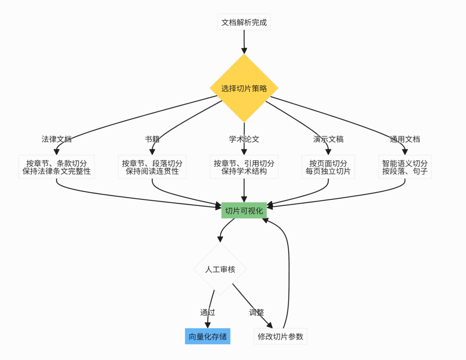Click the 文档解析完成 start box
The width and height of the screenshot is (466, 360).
click(x=244, y=22)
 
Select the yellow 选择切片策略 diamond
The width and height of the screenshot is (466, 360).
click(x=244, y=88)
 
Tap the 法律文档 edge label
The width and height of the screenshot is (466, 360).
click(x=57, y=139)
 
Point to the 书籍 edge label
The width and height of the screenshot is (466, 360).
click(x=152, y=139)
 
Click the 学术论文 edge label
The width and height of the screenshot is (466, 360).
click(x=244, y=139)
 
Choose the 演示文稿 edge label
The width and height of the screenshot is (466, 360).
click(x=328, y=139)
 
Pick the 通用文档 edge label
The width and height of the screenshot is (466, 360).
click(x=405, y=139)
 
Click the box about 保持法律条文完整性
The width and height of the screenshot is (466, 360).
click(x=57, y=167)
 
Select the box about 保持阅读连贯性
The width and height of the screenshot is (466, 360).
click(x=152, y=167)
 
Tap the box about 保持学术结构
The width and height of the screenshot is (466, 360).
click(x=244, y=167)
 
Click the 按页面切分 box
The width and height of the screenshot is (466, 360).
click(x=328, y=167)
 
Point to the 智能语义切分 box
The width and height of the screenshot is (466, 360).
click(x=405, y=167)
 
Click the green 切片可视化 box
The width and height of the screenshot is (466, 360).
click(x=244, y=211)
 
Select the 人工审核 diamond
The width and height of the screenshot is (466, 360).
click(x=220, y=269)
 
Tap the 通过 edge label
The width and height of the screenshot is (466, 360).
click(x=208, y=312)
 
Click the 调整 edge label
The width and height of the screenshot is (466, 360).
click(x=256, y=312)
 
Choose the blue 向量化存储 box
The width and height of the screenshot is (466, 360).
click(x=208, y=336)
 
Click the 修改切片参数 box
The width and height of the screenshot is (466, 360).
click(x=280, y=336)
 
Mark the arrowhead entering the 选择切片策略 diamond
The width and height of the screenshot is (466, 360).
click(x=244, y=50)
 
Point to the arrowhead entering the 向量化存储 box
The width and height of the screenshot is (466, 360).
click(x=208, y=325)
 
